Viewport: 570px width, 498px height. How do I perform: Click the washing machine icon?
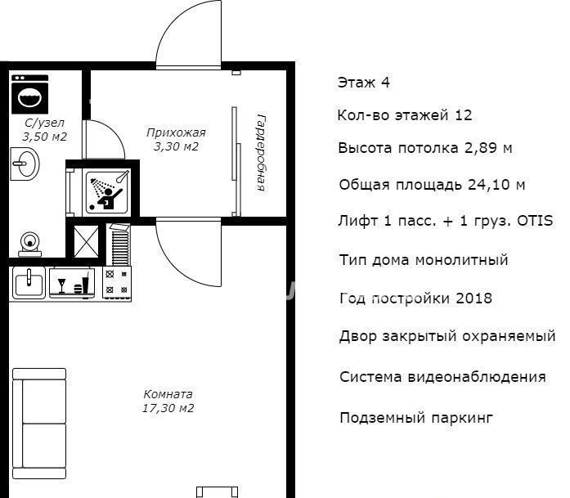29,95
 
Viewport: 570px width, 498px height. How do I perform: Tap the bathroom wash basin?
25,164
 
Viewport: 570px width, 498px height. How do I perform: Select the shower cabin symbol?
107,191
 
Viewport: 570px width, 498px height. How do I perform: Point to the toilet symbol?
29,245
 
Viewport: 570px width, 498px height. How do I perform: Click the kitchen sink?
29,283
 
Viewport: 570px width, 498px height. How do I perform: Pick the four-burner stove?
117,283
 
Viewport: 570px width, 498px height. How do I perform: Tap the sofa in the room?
39,424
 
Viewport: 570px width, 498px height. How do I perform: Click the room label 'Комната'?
168,394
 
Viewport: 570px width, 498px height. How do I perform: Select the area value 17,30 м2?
168,408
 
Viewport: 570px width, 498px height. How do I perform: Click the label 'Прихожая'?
176,132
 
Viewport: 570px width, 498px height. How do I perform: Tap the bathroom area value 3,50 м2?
45,137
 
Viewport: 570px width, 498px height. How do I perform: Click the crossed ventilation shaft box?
86,242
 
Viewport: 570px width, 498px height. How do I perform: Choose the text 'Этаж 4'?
364,83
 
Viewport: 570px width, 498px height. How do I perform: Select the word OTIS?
535,221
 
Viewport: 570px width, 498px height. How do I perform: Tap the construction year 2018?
474,298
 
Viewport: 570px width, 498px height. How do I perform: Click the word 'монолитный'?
461,260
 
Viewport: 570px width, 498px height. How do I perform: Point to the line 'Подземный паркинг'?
416,418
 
